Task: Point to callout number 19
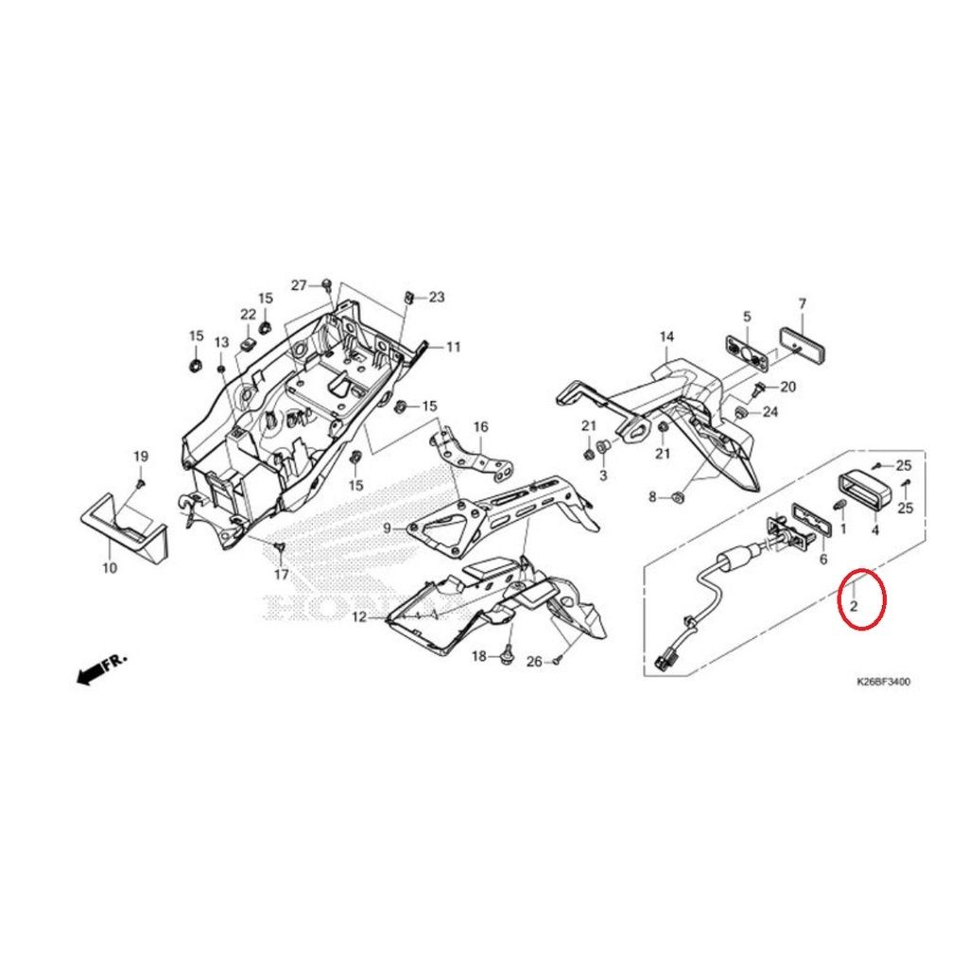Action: tap(140, 457)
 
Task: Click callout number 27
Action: tap(299, 285)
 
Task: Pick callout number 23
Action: tap(436, 297)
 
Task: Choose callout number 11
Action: tap(454, 347)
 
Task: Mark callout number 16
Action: tap(480, 427)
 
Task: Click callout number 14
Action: tap(666, 337)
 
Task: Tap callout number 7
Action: tap(802, 303)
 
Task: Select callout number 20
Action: tap(788, 387)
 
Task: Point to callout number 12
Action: tap(358, 617)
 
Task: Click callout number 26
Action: tap(534, 662)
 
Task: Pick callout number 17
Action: tap(282, 574)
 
